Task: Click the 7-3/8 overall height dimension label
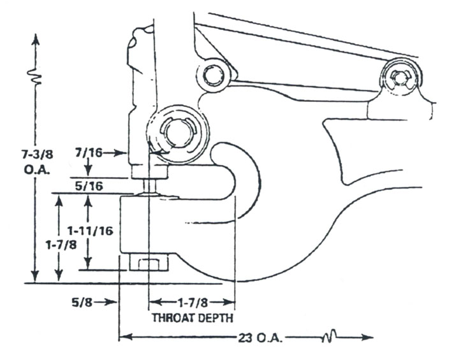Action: click(x=38, y=154)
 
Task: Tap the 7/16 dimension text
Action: click(x=89, y=152)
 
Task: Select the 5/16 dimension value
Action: click(x=89, y=186)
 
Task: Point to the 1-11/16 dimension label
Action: click(x=90, y=231)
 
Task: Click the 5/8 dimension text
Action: click(x=82, y=302)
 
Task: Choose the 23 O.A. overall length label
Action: click(x=260, y=338)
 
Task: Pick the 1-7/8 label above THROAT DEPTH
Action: click(x=192, y=303)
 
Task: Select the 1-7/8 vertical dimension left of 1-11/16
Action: click(x=61, y=245)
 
